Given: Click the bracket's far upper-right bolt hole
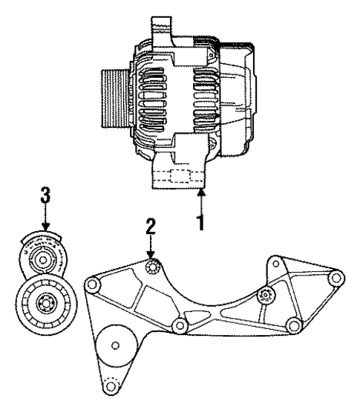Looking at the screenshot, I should click(x=336, y=278).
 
